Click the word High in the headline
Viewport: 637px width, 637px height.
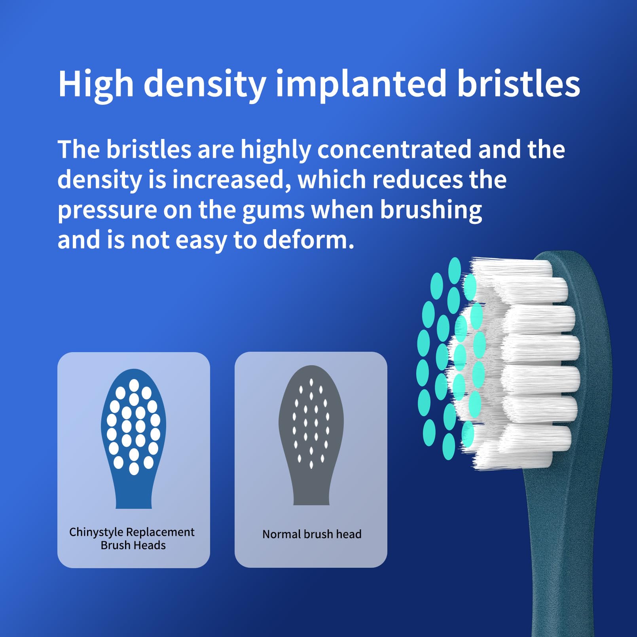96,83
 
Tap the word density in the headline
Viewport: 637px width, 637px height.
205,83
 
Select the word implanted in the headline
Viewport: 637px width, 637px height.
361,83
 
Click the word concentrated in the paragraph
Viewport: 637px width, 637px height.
394,149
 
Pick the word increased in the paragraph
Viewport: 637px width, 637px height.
228,180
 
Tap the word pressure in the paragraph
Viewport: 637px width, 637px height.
107,211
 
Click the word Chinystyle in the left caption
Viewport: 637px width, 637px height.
96,532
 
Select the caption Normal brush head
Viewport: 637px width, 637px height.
312,534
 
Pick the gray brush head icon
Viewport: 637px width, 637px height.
311,435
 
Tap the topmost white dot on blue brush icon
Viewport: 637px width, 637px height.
134,385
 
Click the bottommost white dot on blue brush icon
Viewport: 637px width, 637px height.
134,468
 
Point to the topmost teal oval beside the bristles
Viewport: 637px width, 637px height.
455,270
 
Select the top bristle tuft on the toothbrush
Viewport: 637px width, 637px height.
512,269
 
